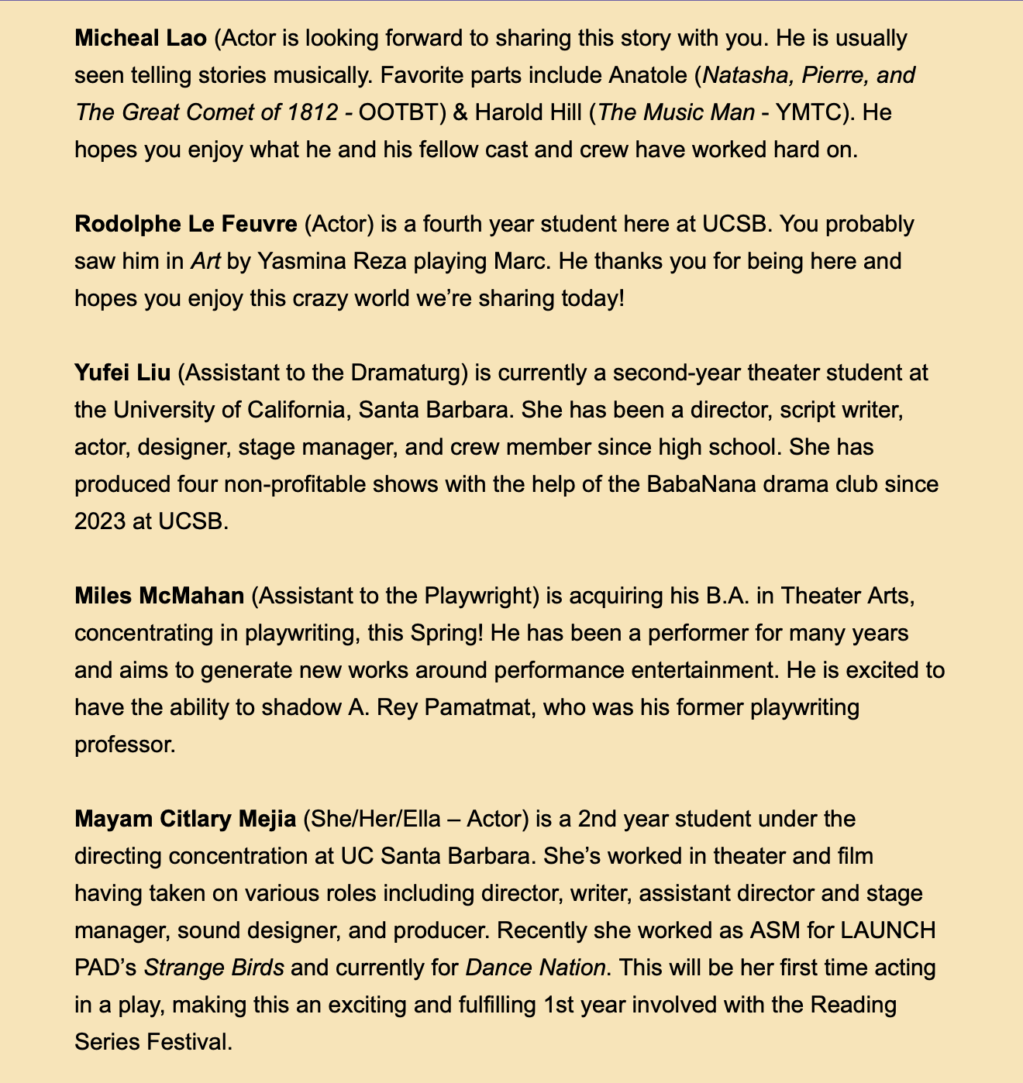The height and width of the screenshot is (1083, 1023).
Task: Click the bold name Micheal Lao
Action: click(140, 38)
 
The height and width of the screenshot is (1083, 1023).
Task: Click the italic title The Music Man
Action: click(676, 112)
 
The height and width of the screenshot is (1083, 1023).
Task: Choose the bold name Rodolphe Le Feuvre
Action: click(186, 224)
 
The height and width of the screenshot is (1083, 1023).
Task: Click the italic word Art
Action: click(205, 261)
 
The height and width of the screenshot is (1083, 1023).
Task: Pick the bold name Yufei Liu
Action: click(122, 373)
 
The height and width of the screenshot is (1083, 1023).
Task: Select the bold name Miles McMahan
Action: click(160, 596)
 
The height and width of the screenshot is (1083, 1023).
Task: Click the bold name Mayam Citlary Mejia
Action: click(185, 819)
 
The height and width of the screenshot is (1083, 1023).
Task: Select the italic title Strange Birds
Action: click(214, 968)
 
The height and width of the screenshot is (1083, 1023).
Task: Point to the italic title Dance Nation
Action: click(535, 968)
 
